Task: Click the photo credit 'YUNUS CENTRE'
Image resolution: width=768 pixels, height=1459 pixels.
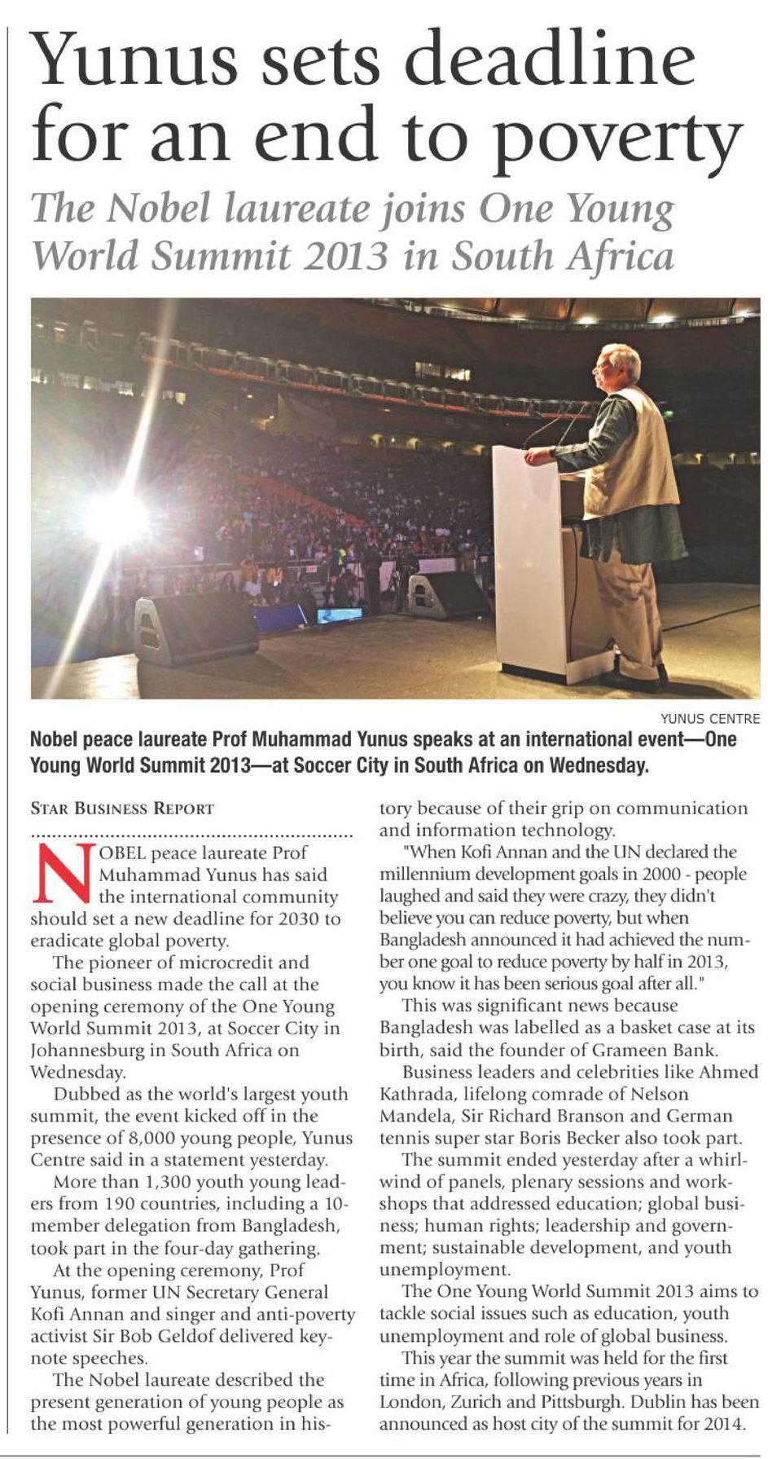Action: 709,719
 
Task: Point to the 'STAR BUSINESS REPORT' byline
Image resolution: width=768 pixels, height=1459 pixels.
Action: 122,809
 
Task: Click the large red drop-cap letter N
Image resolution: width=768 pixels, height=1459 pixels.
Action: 62,875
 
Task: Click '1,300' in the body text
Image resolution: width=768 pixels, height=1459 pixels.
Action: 173,1182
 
